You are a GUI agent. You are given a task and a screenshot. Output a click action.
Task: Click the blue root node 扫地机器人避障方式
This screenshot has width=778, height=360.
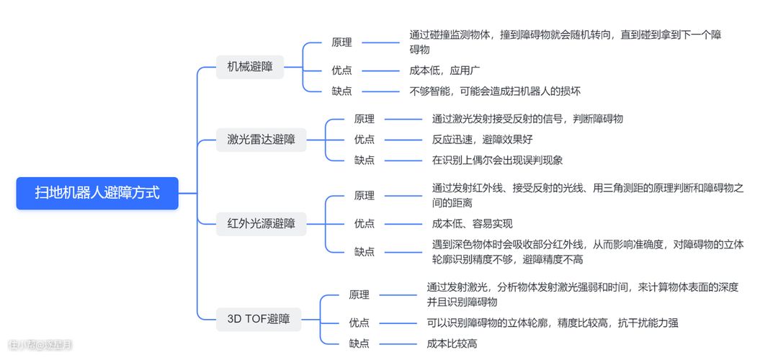97,193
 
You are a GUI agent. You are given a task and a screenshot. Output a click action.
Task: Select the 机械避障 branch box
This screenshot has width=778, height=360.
250,67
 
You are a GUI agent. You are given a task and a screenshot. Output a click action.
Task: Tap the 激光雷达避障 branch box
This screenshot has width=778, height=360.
261,140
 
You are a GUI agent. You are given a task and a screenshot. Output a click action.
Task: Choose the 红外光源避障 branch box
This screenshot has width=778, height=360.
261,223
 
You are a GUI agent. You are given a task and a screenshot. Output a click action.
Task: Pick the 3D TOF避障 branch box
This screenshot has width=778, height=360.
259,318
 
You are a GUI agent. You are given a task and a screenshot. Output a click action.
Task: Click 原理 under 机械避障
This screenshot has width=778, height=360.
341,42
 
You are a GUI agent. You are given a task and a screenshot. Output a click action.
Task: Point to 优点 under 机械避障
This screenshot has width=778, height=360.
341,71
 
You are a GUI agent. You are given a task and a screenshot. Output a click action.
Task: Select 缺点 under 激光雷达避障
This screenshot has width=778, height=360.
365,160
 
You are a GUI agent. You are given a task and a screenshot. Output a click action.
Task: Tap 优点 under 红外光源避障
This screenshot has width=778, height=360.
365,223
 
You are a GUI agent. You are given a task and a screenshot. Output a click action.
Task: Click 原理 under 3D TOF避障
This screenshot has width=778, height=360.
359,294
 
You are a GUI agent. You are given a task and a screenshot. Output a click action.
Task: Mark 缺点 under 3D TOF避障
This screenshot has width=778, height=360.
359,343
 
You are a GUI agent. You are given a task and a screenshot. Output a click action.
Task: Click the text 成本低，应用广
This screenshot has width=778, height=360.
445,71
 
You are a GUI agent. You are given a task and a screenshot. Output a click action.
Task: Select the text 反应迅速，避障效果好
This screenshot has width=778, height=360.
483,139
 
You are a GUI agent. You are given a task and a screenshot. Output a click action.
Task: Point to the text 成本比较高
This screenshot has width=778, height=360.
452,343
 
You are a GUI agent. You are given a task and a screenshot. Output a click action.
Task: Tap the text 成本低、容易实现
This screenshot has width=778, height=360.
473,223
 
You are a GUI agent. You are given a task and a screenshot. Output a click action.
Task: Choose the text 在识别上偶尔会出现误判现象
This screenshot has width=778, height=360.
497,160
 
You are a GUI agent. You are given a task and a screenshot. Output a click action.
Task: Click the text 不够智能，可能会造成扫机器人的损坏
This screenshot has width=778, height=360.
496,91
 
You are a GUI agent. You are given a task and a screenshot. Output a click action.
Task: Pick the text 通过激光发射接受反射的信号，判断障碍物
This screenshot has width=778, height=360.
527,119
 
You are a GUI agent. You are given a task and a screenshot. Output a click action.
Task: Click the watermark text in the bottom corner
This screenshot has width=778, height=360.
40,345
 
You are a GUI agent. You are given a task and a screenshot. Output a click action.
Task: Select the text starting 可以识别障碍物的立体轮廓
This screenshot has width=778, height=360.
553,323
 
